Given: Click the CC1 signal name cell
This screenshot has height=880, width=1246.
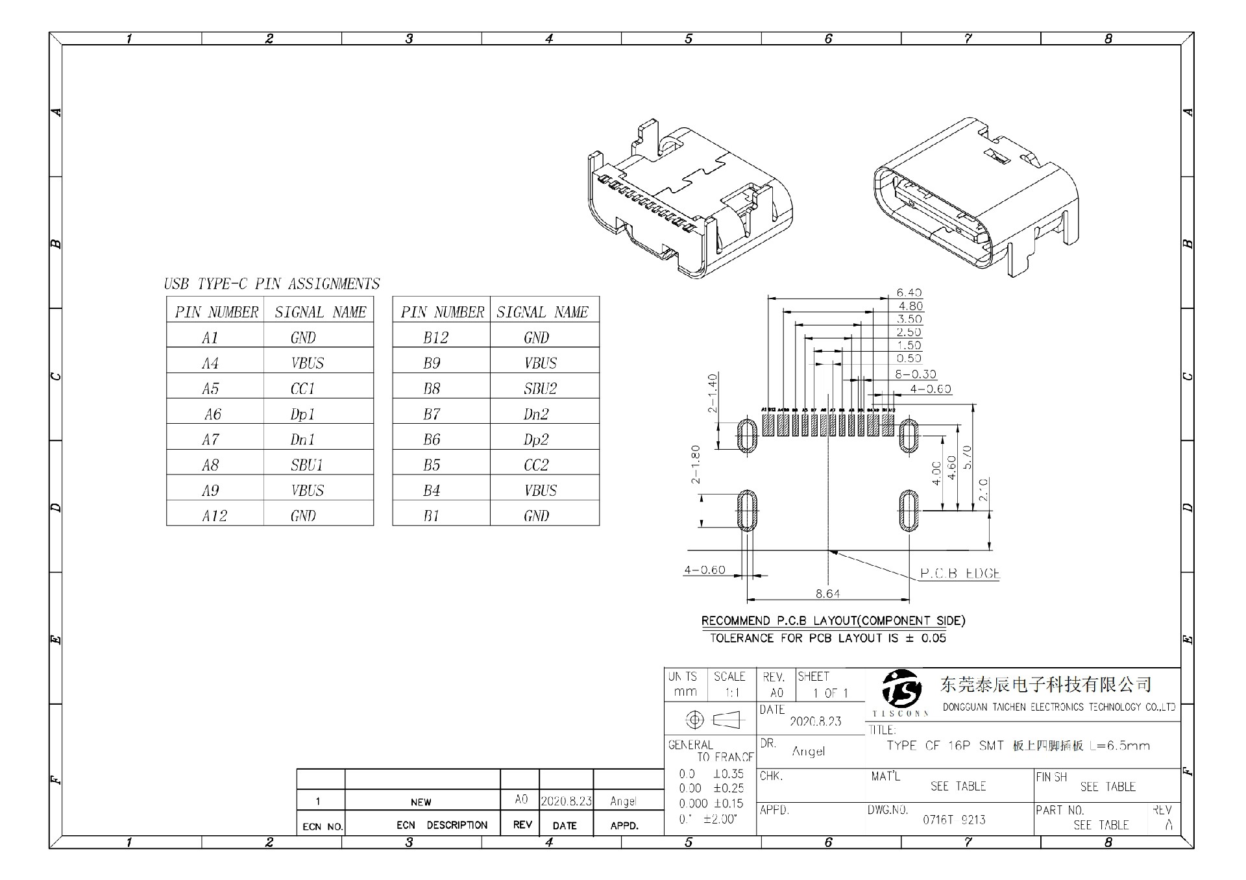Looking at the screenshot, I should point(302,389).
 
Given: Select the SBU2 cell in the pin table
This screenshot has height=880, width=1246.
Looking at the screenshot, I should point(540,389).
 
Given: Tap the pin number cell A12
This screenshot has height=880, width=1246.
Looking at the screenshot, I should point(214,516).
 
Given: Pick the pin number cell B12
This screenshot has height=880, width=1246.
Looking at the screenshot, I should point(435,337).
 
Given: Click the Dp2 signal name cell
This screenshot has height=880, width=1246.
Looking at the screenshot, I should point(536,440).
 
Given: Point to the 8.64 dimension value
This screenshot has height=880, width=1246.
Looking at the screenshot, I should point(827,593).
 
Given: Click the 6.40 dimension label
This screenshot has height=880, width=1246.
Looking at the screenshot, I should point(909,293).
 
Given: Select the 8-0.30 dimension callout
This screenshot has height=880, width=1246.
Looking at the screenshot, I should point(916,374).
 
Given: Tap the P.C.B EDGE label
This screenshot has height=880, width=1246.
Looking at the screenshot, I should point(960,574).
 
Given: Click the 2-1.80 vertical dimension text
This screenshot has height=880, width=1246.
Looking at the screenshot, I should point(696,465).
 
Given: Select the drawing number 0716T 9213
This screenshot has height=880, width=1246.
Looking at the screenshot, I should point(954,820).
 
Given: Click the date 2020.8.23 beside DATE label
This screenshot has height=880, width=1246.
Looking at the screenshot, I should point(815,721).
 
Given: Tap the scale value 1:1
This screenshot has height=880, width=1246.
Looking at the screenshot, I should point(732,692).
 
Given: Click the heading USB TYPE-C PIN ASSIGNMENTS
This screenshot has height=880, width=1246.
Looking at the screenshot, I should point(271,284).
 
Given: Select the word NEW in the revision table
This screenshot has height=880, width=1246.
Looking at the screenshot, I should point(421,802).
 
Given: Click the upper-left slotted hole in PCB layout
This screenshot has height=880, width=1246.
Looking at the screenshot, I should point(748,435).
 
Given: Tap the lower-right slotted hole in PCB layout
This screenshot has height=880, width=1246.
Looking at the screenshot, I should point(909,511).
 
